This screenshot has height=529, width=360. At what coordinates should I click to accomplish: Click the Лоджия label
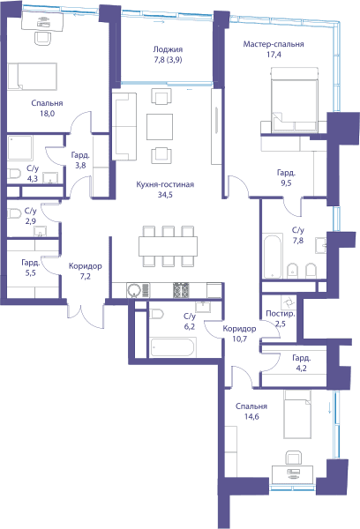pyautogui.click(x=168, y=49)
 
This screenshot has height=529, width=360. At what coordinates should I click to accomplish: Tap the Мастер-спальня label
pyautogui.click(x=274, y=44)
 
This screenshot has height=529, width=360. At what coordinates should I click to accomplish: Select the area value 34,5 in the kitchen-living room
pyautogui.click(x=165, y=195)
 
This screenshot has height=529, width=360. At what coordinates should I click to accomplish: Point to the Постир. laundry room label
pyautogui.click(x=281, y=314)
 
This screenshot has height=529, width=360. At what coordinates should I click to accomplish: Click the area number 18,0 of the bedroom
pyautogui.click(x=48, y=114)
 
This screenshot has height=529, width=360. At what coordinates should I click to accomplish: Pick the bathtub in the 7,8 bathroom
pyautogui.click(x=273, y=256)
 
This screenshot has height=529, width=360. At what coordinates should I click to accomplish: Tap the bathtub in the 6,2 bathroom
pyautogui.click(x=173, y=347)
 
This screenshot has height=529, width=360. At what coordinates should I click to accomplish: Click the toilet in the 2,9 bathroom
pyautogui.click(x=14, y=213)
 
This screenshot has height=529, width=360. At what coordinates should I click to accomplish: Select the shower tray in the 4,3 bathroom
pyautogui.click(x=20, y=148)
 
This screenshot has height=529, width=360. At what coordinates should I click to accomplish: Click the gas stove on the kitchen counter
pyautogui.click(x=182, y=290)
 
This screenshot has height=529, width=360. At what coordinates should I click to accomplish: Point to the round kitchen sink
pyautogui.click(x=134, y=290)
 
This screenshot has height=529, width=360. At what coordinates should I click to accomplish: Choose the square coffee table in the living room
pyautogui.click(x=160, y=127)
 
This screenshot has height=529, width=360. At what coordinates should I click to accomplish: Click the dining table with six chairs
pyautogui.click(x=168, y=247)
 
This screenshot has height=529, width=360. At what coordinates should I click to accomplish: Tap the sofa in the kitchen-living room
pyautogui.click(x=124, y=126)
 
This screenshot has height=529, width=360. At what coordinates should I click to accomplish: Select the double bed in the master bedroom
pyautogui.click(x=295, y=100)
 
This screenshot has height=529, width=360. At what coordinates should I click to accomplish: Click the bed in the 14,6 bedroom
pyautogui.click(x=297, y=414)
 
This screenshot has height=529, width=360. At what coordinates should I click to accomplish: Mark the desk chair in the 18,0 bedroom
pyautogui.click(x=44, y=39)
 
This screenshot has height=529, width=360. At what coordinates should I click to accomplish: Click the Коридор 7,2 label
pyautogui.click(x=85, y=272)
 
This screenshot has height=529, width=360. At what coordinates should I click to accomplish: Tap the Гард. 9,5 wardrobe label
pyautogui.click(x=286, y=178)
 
